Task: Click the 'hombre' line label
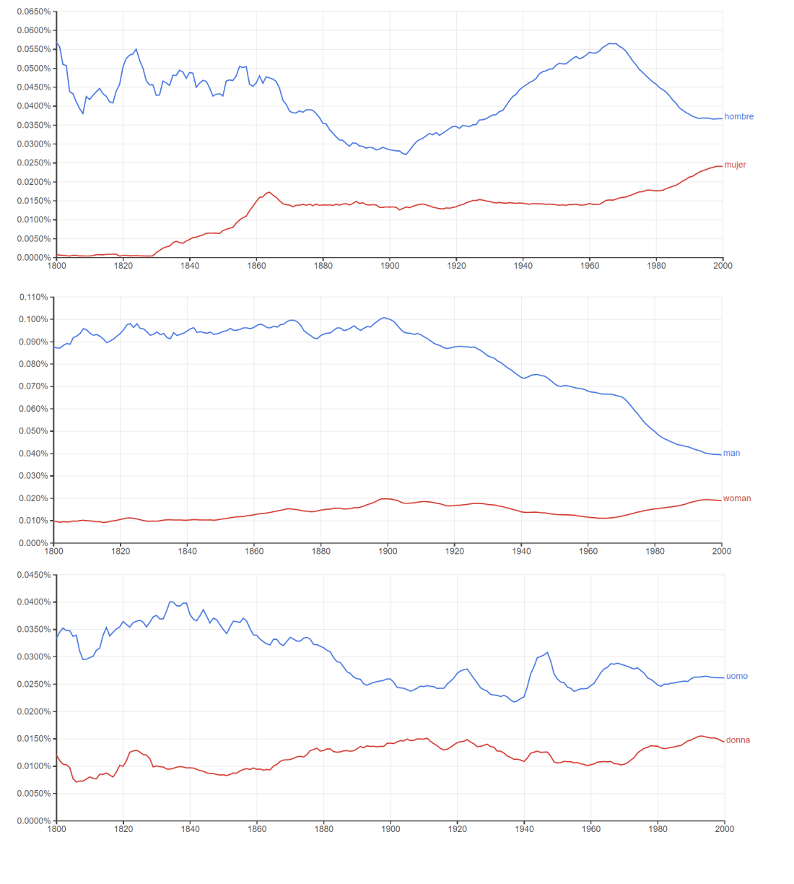click(738, 116)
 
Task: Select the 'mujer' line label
click(735, 165)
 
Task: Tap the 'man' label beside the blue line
click(731, 454)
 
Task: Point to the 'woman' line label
click(736, 498)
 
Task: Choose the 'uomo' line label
click(736, 677)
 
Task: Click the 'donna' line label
click(738, 740)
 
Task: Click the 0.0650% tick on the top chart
click(34, 12)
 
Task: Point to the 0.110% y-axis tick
click(33, 297)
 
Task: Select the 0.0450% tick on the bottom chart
click(34, 575)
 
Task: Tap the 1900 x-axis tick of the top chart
click(390, 266)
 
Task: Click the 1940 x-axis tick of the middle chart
click(521, 551)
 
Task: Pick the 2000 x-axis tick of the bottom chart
click(724, 829)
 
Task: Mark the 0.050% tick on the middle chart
click(33, 431)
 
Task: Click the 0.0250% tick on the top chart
click(34, 163)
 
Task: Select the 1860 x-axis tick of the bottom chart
click(257, 829)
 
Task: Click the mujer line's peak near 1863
click(269, 192)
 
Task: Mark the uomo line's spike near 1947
click(547, 652)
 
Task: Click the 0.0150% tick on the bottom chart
click(34, 739)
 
